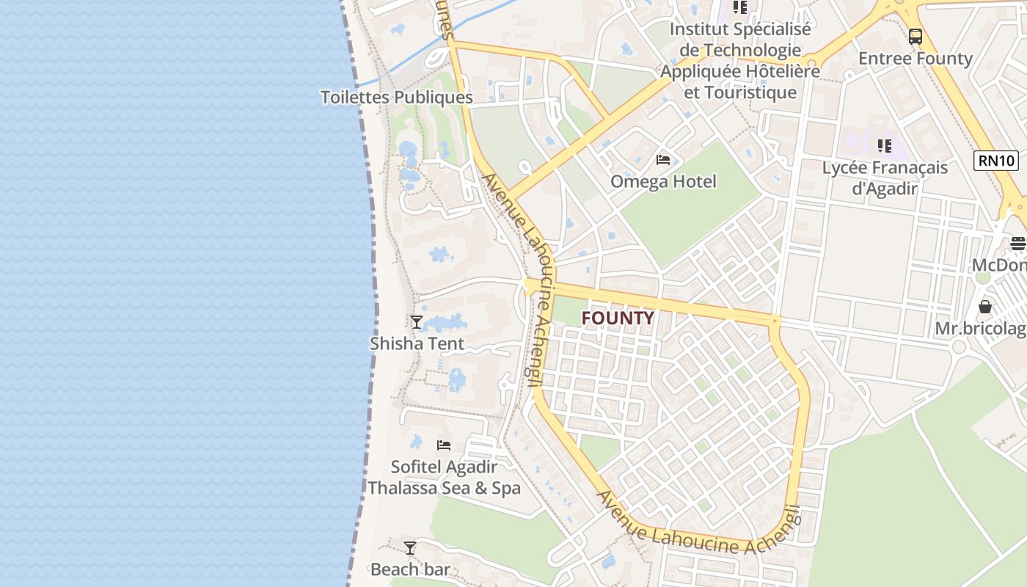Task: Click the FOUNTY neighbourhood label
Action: [x=617, y=318]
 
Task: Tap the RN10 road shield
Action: [x=996, y=161]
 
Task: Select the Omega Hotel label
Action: [x=663, y=181]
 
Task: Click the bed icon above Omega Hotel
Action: [x=663, y=160]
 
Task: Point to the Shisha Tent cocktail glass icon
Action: [x=417, y=321]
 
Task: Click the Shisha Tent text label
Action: [x=417, y=343]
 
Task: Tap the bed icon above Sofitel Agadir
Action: [x=444, y=445]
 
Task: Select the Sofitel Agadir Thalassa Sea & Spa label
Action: [x=444, y=478]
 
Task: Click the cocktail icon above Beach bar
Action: [x=410, y=548]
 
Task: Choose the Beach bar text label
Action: [x=410, y=569]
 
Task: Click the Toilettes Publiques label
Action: [x=396, y=97]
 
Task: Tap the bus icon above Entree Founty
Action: [x=915, y=36]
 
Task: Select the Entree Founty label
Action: [x=915, y=59]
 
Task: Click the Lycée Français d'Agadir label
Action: [x=885, y=178]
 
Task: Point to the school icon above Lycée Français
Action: [x=885, y=146]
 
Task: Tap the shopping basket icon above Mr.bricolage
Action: [x=985, y=306]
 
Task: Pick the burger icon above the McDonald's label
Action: [x=1017, y=242]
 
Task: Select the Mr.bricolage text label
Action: [x=981, y=329]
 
